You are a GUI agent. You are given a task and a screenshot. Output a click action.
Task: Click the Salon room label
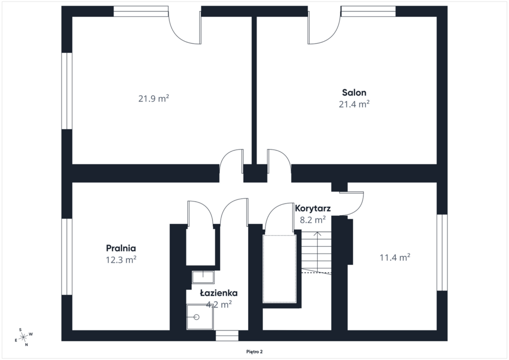pyautogui.click(x=354, y=92)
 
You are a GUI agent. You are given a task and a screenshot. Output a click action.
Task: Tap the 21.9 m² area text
pyautogui.click(x=154, y=98)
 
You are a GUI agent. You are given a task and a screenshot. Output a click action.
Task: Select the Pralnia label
pyautogui.click(x=121, y=248)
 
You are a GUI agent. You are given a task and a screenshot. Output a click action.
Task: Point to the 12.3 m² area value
pyautogui.click(x=121, y=260)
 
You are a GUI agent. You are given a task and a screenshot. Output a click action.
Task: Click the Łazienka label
pyautogui.click(x=219, y=293)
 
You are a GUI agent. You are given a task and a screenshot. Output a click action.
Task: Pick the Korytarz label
pyautogui.click(x=313, y=208)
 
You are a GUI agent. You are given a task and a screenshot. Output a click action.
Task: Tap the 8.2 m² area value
pyautogui.click(x=313, y=220)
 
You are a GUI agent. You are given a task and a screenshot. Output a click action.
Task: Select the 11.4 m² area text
pyautogui.click(x=395, y=258)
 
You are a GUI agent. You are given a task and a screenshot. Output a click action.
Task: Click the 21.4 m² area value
pyautogui.click(x=354, y=104)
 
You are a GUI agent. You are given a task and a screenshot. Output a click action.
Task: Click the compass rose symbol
pyautogui.click(x=24, y=338)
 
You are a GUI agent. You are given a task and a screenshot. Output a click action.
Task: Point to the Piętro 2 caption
pyautogui.click(x=254, y=352)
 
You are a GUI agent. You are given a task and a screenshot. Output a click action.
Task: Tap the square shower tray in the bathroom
pyautogui.click(x=200, y=317)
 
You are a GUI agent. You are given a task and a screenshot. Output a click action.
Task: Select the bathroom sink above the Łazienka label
pyautogui.click(x=203, y=277)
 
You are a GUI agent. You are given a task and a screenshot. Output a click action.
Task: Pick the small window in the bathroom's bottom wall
pyautogui.click(x=227, y=336)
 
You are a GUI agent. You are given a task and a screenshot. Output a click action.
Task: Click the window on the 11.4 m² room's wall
pyautogui.click(x=442, y=252)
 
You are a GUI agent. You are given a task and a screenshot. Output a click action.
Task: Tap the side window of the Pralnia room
pyautogui.click(x=67, y=257)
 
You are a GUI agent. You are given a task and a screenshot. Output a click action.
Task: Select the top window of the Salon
pyautogui.click(x=368, y=11)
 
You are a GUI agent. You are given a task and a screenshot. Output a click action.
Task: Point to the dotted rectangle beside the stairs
pyautogui.click(x=279, y=269)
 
